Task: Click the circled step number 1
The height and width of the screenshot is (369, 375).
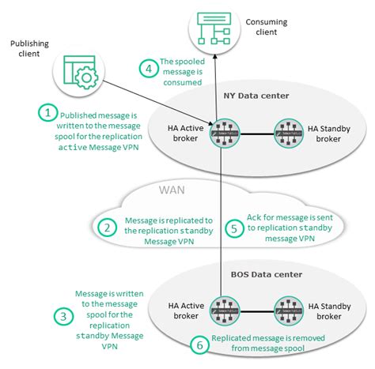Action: pyautogui.click(x=49, y=114)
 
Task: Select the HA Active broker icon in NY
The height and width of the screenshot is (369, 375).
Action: pyautogui.click(x=221, y=132)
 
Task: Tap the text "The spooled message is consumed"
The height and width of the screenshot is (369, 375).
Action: pyautogui.click(x=182, y=72)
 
